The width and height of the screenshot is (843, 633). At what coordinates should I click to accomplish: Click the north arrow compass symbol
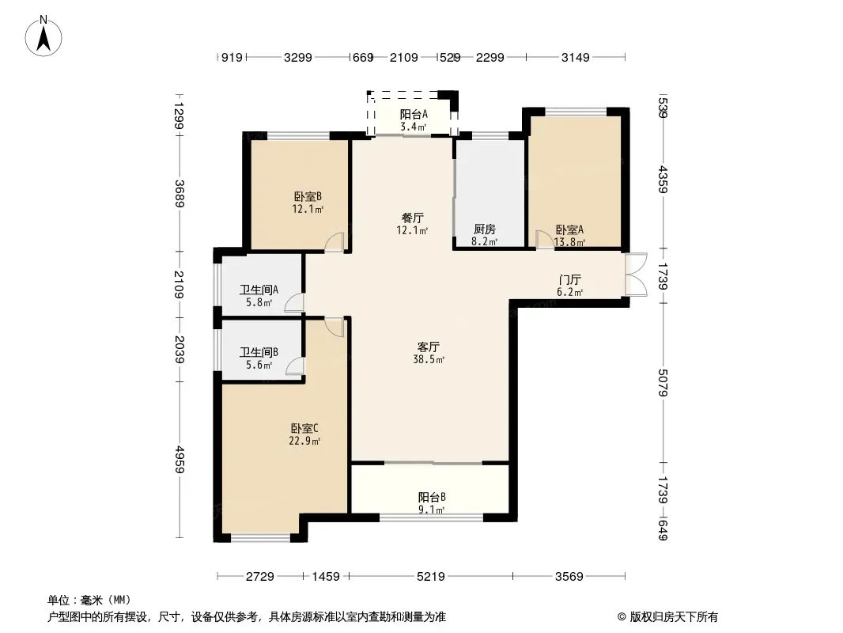tap(43, 36)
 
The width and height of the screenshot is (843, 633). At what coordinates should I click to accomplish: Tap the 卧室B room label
tap(308, 203)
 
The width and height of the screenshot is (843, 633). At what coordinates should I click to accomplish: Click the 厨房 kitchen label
tap(485, 235)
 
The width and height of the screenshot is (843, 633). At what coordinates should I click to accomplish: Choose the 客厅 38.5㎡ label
tap(429, 353)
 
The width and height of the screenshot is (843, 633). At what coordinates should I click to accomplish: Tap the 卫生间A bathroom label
tap(259, 296)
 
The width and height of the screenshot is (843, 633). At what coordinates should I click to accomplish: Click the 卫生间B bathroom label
tap(259, 358)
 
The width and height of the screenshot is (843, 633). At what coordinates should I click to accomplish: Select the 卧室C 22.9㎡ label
tap(304, 434)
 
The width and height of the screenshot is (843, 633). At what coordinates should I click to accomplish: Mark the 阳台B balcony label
tap(432, 503)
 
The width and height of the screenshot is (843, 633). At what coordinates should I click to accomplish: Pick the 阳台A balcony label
tap(414, 120)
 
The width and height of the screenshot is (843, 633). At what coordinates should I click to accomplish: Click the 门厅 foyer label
tap(570, 286)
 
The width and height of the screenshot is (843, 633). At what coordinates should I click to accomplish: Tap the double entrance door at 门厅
tap(636, 275)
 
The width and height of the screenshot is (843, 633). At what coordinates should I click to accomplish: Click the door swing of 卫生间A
tap(294, 303)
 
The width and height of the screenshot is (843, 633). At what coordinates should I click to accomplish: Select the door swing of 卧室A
tap(545, 239)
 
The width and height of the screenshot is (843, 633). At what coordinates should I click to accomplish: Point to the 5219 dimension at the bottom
tap(431, 577)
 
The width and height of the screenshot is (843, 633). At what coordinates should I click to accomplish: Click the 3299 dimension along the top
tap(298, 57)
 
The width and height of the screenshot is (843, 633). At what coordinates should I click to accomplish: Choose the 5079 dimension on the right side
tap(663, 383)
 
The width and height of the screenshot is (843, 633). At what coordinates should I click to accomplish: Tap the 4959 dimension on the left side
tap(179, 460)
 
